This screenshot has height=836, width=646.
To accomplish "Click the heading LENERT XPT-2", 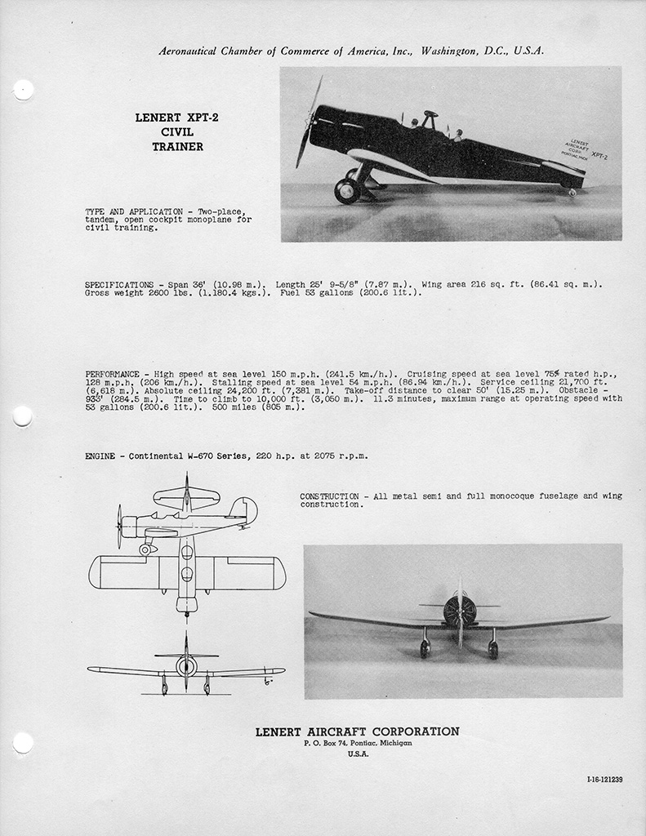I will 176,118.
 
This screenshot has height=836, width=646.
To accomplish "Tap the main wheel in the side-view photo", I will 346,190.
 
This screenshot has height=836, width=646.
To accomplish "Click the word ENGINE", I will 100,456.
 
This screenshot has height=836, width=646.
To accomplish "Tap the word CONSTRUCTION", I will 328,496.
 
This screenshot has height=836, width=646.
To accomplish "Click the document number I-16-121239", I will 599,780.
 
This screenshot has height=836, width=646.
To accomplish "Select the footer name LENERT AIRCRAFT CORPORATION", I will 357,731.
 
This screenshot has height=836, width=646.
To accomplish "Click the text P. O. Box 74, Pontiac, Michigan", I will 357,744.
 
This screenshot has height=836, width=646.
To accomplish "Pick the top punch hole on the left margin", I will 24,90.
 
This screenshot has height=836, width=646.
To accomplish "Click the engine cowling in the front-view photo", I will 459,611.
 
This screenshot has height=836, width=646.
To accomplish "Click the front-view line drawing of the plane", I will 186,669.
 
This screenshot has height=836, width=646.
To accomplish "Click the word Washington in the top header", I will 455,51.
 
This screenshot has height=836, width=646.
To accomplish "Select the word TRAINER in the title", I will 176,147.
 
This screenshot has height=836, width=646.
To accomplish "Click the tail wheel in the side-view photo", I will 572,193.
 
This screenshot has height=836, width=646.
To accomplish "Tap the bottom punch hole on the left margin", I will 24,742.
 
